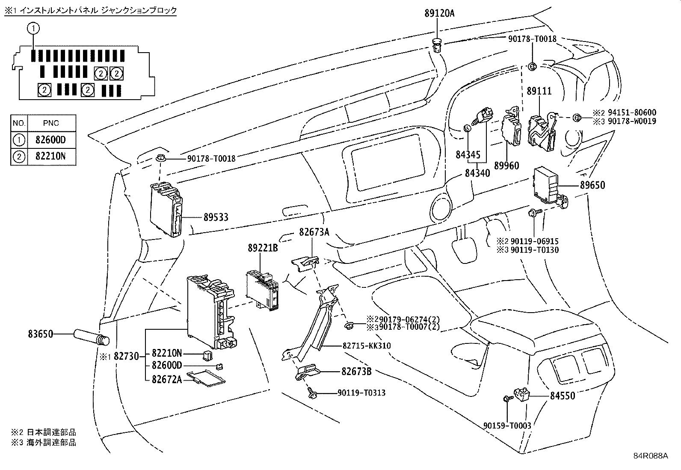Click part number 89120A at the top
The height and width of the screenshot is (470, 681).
point(439,13)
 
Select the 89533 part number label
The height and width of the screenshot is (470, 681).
point(216,217)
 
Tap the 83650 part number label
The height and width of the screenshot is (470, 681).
point(41,334)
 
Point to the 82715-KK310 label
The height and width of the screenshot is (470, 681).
point(367,346)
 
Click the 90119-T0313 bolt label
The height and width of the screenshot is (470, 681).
point(361,393)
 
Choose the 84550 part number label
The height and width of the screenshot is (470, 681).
point(563,396)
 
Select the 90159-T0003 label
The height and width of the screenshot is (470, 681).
point(507,426)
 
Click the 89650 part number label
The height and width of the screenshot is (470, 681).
point(592,185)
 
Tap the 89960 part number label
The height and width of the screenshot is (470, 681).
point(507,166)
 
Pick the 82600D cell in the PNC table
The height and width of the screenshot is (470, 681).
point(50,140)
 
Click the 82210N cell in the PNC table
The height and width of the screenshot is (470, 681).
point(50,156)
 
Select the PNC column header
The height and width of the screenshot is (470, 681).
point(51,123)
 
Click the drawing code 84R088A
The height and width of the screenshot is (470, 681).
point(651,456)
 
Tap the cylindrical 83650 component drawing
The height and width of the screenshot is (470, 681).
point(92,337)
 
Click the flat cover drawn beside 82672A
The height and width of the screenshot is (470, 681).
point(206,378)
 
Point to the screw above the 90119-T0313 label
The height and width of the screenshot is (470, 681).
point(312,393)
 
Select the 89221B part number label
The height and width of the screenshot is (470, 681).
point(263,248)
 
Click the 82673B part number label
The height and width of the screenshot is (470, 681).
point(357,372)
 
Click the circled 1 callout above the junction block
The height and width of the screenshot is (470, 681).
point(33,29)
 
